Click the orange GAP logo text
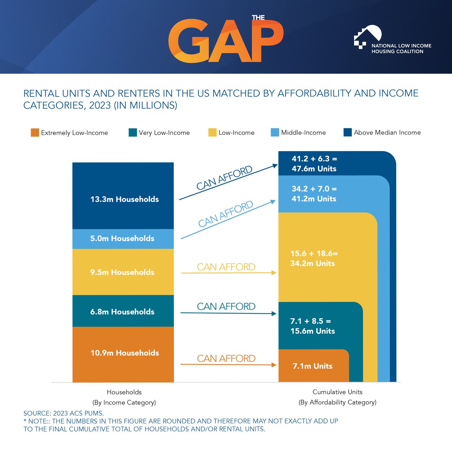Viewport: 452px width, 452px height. coord(225,41)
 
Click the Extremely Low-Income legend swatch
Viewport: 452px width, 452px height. coord(35,133)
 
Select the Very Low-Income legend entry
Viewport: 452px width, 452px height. coord(159,133)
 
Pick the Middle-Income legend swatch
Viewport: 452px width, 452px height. coord(275,133)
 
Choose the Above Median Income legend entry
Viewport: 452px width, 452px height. coord(382,133)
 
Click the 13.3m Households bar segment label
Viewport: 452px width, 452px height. coord(124,199)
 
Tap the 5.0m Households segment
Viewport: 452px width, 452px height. coord(122,238)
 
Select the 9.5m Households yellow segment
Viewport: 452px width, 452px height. coord(122,272)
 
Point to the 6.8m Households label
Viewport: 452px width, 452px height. coord(122,312)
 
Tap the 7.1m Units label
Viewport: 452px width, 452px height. coord(313,366)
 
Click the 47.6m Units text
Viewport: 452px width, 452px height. coord(314,169)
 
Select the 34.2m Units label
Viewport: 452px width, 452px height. coord(313,263)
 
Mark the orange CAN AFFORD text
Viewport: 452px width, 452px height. coord(226,358)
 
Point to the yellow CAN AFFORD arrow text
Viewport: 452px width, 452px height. coord(226,267)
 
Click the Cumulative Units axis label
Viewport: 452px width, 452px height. coord(337,392)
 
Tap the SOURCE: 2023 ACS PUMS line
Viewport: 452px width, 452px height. coord(63,413)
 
